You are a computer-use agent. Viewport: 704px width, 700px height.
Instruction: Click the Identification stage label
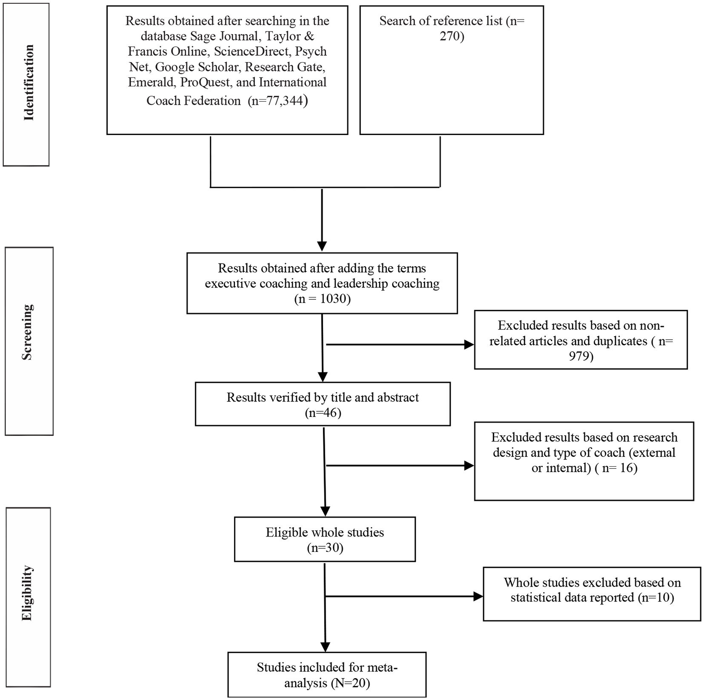point(29,83)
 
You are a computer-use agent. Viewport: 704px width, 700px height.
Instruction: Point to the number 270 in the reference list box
point(451,37)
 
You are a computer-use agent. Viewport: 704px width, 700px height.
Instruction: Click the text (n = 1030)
point(322,299)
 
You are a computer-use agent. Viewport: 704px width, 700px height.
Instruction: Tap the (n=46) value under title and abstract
point(323,413)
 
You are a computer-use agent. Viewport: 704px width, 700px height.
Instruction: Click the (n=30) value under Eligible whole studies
point(325,548)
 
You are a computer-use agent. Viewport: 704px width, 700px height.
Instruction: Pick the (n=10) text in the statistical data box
point(656,597)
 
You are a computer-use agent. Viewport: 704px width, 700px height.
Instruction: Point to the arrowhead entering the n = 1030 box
point(322,247)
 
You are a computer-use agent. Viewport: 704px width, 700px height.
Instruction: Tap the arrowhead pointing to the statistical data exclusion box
point(478,597)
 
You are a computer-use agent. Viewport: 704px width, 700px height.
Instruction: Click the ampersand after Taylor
point(310,36)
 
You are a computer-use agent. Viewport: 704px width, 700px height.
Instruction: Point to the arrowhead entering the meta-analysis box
point(325,646)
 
